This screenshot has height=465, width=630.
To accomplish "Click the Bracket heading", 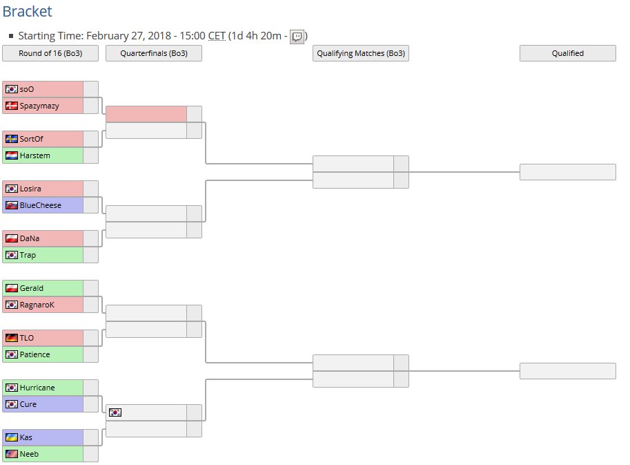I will pyautogui.click(x=27, y=12).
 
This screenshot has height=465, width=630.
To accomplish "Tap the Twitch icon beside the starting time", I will pyautogui.click(x=297, y=37).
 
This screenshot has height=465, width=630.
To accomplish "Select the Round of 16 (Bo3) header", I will pyautogui.click(x=50, y=53).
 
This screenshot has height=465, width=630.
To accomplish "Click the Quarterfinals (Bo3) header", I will pyautogui.click(x=153, y=53).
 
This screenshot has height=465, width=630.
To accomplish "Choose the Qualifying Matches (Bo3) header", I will pyautogui.click(x=360, y=53).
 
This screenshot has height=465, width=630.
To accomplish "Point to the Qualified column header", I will pyautogui.click(x=567, y=53).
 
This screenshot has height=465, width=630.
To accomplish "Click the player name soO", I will pyautogui.click(x=27, y=89).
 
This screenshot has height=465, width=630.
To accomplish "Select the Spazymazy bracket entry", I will pyautogui.click(x=39, y=106).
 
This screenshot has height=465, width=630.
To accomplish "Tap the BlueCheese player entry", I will pyautogui.click(x=40, y=205).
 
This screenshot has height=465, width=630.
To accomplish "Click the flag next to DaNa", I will pyautogui.click(x=11, y=238).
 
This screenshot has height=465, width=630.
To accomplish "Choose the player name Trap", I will pyautogui.click(x=28, y=255).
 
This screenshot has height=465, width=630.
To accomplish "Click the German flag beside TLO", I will pyautogui.click(x=11, y=338).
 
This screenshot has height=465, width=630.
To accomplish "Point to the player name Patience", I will pyautogui.click(x=35, y=354).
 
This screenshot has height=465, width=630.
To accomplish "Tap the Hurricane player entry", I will pyautogui.click(x=37, y=388).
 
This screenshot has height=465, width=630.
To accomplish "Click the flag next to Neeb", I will pyautogui.click(x=11, y=454).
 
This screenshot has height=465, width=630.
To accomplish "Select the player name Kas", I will pyautogui.click(x=26, y=437).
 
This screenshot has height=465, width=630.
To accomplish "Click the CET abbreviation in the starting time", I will pyautogui.click(x=217, y=36).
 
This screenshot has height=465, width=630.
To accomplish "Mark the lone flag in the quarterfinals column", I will pyautogui.click(x=115, y=412).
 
